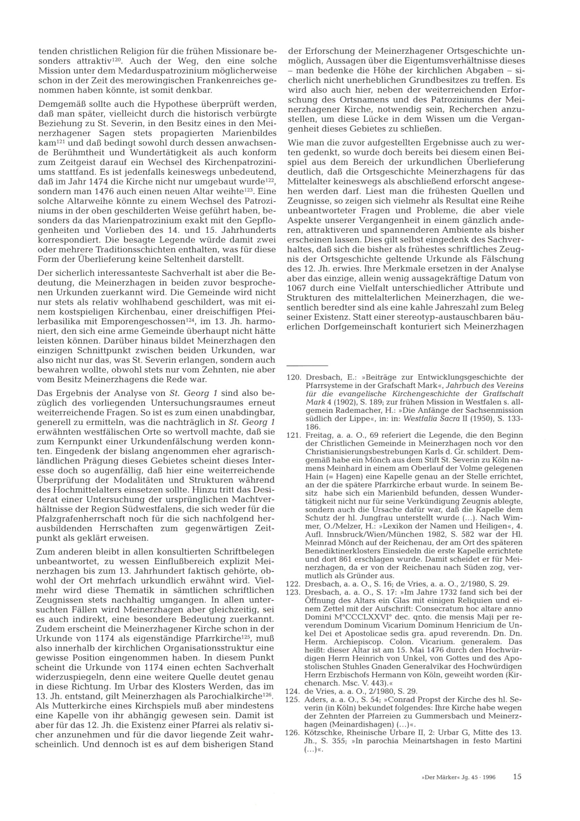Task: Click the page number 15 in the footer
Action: click(x=517, y=776)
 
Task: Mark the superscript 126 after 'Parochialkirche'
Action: click(x=266, y=693)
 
